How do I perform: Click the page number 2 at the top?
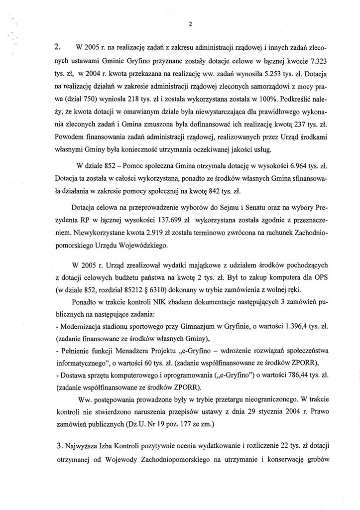point(190,23)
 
